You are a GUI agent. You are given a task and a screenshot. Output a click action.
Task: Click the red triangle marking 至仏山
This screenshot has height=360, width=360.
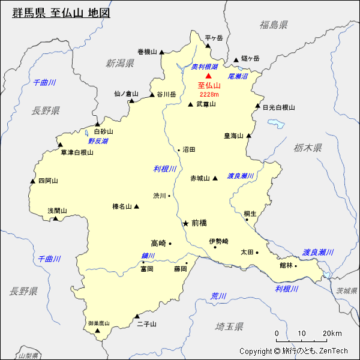pos(209,76)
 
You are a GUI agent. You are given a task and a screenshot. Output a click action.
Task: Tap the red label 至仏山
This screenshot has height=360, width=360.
pos(209,86)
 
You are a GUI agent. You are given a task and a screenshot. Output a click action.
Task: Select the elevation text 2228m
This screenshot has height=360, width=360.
pos(209,94)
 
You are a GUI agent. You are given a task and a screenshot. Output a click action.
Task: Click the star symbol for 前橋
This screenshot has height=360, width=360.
pos(185,223)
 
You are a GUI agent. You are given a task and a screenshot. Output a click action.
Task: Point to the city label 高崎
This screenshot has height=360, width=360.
pos(158,243)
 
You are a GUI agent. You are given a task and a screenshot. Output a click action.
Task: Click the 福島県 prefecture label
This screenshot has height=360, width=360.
pos(274,25)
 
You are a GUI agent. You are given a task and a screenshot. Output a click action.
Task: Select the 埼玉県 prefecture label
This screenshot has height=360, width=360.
pos(229,326)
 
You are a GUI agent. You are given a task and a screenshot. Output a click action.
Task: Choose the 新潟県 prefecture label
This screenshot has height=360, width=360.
pos(120,63)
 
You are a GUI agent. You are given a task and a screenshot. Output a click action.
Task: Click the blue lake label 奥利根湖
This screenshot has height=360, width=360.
pos(204,67)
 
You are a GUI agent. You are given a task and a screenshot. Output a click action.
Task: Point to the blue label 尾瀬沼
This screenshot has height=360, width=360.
pos(238,77)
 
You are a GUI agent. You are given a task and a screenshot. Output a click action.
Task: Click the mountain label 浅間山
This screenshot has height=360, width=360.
pos(58,211)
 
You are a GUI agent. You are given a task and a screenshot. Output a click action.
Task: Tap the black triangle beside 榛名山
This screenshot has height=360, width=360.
pos(137,206)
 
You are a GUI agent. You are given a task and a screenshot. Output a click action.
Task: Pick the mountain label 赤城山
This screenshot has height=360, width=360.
pos(200,178)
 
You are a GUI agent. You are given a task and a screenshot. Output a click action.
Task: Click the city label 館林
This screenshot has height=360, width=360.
pos(286,265)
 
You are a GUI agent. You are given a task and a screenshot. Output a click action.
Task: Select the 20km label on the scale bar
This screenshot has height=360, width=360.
pos(332,334)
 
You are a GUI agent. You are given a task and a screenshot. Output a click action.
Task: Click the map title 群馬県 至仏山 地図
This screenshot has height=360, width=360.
pos(62,13)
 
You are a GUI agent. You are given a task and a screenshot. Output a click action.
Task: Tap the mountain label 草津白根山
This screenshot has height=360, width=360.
pos(77,152)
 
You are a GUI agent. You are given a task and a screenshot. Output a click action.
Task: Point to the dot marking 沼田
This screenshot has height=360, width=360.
pos(179,149)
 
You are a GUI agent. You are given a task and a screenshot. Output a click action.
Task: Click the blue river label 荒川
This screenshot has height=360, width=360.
pos(218,296)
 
